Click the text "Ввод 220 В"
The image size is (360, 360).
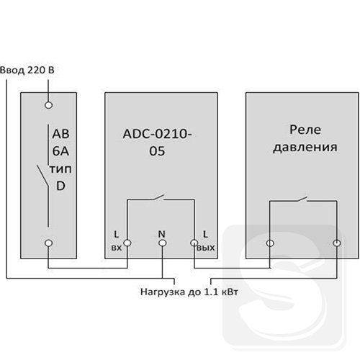click(27, 71)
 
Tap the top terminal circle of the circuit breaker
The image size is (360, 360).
click(48, 105)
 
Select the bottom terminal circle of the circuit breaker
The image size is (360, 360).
click(48, 243)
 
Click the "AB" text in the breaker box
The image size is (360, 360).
click(60, 134)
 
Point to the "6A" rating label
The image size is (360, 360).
click(60, 151)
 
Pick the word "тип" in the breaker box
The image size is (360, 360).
click(60, 169)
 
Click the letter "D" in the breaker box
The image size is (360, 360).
click(60, 186)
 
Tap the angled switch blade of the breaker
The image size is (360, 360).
click(42, 176)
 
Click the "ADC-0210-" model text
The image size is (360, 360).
click(157, 134)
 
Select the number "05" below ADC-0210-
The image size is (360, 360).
click(157, 151)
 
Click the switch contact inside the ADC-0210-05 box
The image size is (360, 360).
click(158, 197)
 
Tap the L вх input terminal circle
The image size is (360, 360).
click(127, 243)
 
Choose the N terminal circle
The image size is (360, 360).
click(163, 243)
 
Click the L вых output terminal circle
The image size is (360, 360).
click(194, 243)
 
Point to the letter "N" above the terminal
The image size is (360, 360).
click(162, 234)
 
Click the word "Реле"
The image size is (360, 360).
click(305, 130)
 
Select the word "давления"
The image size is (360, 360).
click(305, 147)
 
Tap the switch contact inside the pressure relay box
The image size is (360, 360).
click(302, 199)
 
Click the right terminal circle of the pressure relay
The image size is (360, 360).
click(336, 243)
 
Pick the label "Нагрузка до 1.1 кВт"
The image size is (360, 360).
click(189, 292)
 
